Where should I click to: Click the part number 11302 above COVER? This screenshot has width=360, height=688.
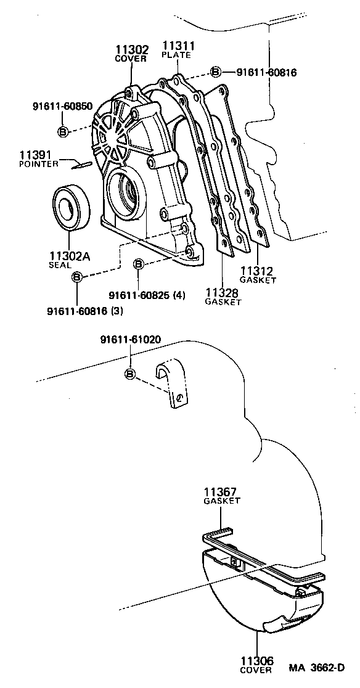tap(130, 50)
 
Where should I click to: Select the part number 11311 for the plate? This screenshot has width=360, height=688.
tap(176, 46)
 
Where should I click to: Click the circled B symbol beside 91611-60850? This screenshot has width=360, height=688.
tap(62, 131)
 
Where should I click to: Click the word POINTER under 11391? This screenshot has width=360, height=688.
tap(39, 164)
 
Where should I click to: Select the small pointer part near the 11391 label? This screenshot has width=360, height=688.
tap(81, 164)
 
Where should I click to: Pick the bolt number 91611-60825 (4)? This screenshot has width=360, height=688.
tap(147, 295)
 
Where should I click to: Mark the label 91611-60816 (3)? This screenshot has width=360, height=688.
tap(85, 311)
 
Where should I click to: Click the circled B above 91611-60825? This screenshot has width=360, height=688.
tap(139, 264)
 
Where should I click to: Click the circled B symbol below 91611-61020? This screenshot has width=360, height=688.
tap(130, 374)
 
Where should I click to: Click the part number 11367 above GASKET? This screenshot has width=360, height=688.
tap(221, 492)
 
